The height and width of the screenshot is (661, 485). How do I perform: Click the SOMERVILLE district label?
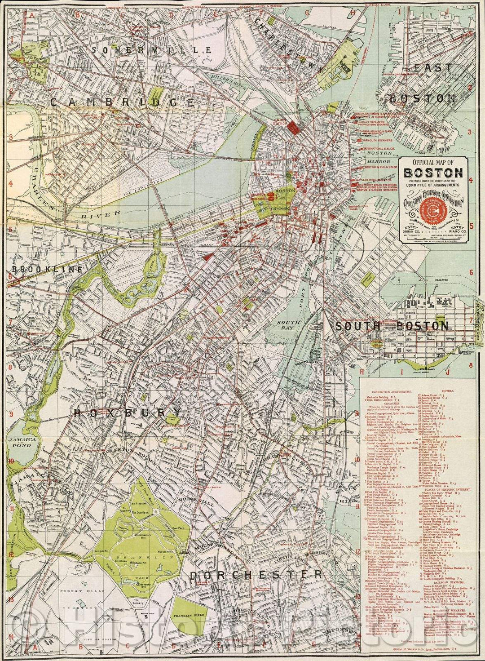151,50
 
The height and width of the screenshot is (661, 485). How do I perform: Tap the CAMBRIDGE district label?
122,102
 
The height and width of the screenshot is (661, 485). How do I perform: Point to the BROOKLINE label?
47,270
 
